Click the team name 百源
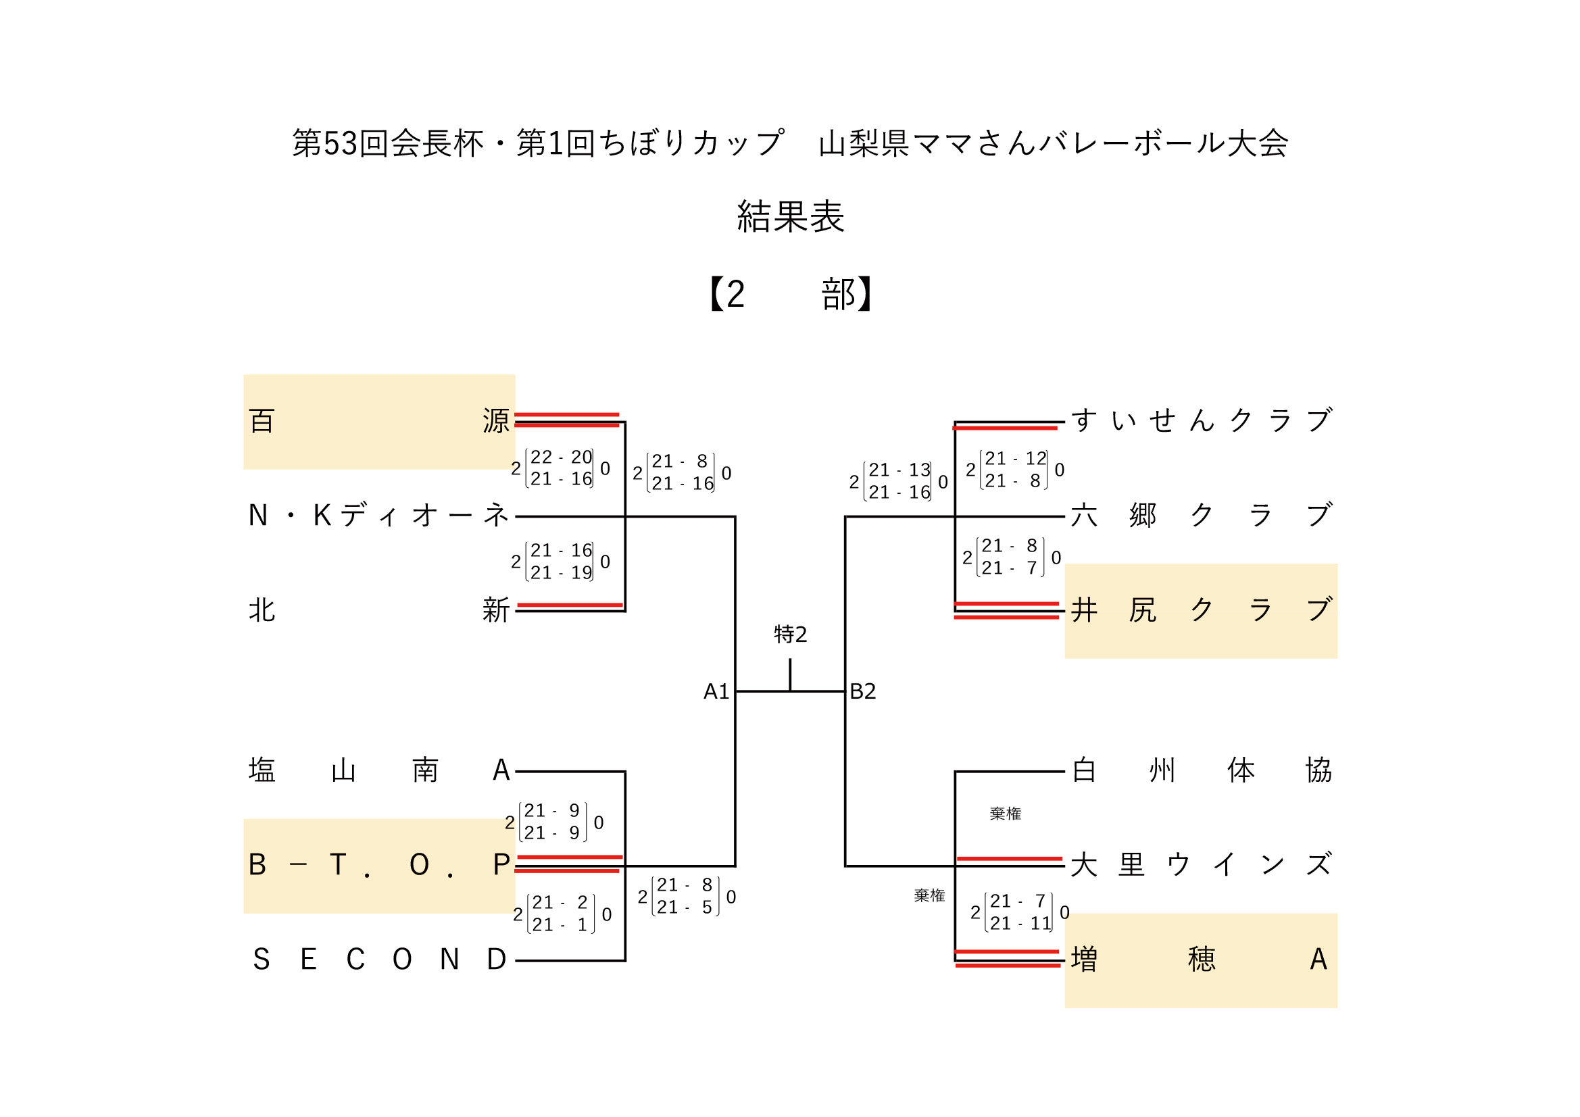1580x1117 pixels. click(378, 421)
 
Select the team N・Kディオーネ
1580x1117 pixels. click(378, 516)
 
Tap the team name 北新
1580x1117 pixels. click(378, 610)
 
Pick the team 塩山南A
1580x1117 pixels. click(378, 770)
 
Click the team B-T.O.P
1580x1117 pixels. click(378, 865)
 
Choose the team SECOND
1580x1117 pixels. click(378, 960)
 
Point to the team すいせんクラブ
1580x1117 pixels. click(1201, 420)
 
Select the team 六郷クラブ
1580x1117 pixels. click(1201, 516)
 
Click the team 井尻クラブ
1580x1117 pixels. click(1201, 610)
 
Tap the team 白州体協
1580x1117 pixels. click(1201, 770)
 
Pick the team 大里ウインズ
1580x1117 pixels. click(1201, 865)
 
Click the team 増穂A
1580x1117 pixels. click(1201, 960)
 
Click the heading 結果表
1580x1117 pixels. click(790, 217)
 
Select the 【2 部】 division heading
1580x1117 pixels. click(790, 295)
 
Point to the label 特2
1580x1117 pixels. click(790, 634)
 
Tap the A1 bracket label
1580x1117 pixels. click(716, 692)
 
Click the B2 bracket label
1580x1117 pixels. click(863, 692)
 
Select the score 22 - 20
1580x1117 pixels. click(561, 457)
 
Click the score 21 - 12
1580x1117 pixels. click(1015, 459)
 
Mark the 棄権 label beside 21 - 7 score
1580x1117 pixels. click(929, 895)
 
